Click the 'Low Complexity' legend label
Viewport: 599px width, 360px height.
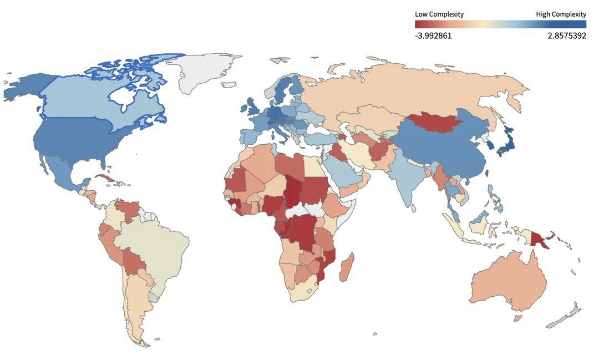(439, 14)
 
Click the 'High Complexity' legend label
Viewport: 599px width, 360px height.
(561, 14)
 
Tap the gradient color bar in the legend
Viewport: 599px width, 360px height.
(500, 24)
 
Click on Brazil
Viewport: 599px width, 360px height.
(161, 244)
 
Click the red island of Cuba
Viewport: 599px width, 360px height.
(106, 180)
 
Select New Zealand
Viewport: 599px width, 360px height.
(566, 316)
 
